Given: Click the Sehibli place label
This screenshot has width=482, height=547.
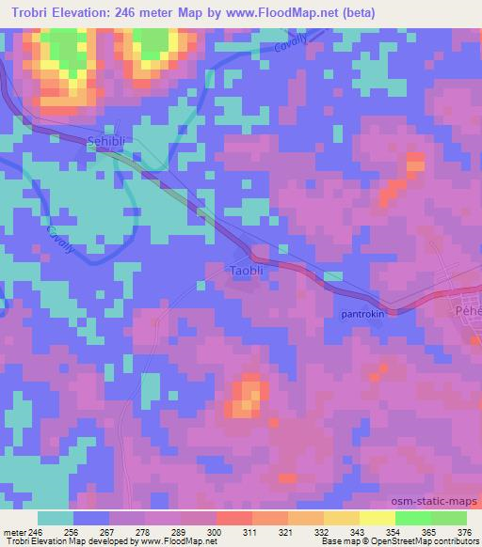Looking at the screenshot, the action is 105,138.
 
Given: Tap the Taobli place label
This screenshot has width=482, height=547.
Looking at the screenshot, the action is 250,271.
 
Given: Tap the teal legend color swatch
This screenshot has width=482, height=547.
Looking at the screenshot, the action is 56,517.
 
